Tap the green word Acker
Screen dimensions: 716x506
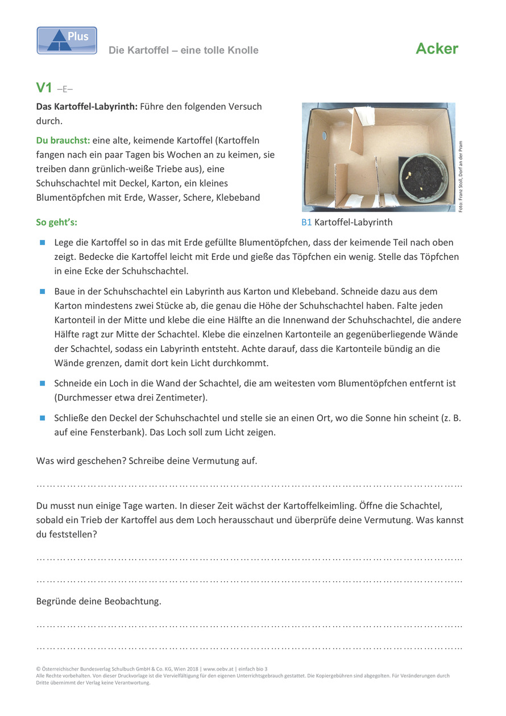[437, 49]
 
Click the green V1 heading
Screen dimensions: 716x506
[44, 88]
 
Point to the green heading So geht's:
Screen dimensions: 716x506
[57, 222]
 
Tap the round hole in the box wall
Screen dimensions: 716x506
[324, 136]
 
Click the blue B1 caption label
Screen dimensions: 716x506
[306, 222]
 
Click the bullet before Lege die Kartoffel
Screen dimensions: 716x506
[42, 242]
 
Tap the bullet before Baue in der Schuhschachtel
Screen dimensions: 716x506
[42, 292]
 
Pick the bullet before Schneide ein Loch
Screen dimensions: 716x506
[42, 383]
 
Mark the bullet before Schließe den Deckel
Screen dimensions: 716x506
[42, 418]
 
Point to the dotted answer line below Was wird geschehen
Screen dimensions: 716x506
[249, 486]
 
